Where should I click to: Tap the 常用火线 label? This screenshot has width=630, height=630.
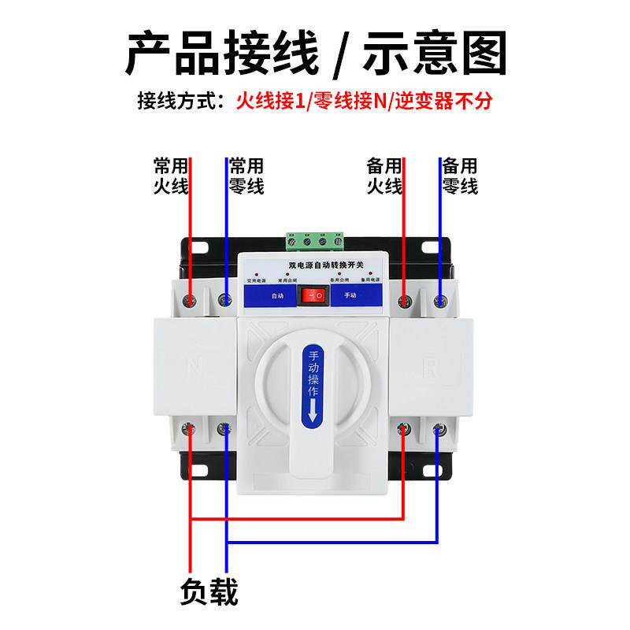pos(171,176)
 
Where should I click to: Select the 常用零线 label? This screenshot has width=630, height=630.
pos(246,176)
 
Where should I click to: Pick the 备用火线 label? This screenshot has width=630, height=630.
pos(384,176)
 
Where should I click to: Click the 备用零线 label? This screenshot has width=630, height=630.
pos(460,176)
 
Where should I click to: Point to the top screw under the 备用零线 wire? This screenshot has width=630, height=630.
pos(440,299)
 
